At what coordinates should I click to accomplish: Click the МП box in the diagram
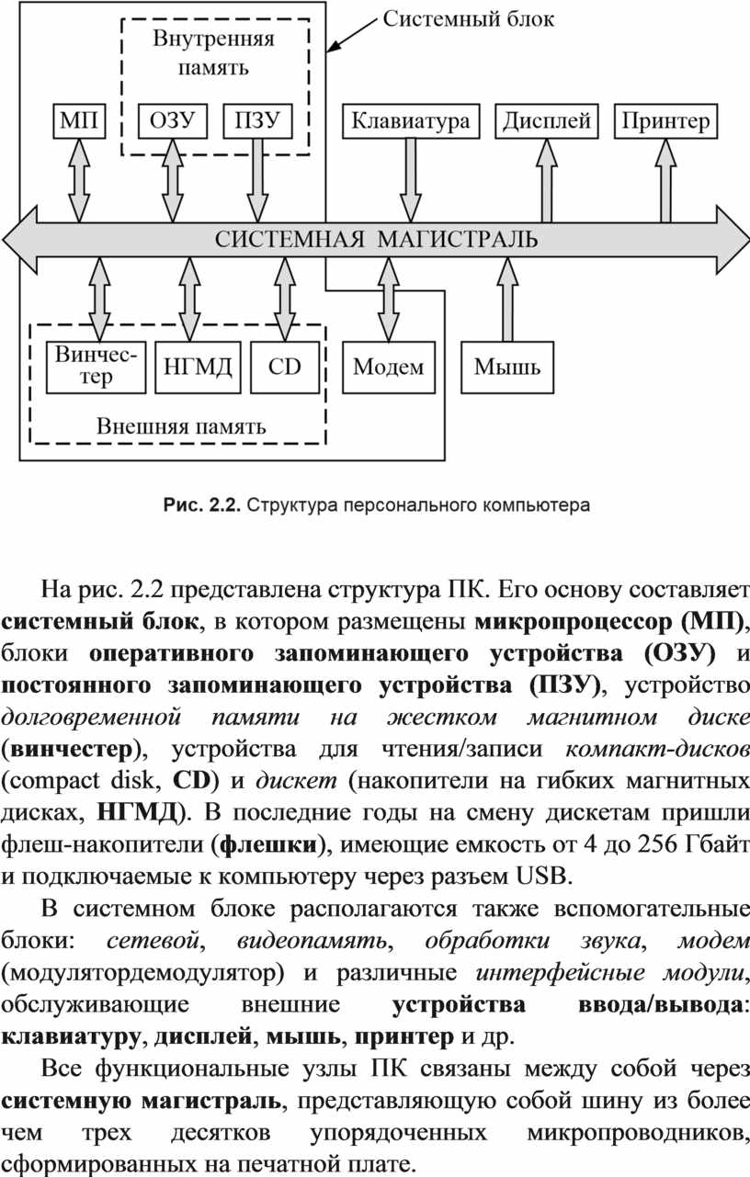[79, 121]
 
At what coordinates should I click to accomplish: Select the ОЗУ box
[173, 121]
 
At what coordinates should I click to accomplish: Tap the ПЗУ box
[257, 121]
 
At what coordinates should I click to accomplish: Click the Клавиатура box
[411, 121]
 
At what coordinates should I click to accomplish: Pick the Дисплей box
[547, 121]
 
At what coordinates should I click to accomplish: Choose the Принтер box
[666, 121]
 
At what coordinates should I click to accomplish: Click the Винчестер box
[97, 368]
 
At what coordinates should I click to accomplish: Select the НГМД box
[199, 368]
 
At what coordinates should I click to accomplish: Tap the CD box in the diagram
[285, 368]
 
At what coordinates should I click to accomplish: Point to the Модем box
[389, 368]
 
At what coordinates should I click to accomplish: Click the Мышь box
[507, 368]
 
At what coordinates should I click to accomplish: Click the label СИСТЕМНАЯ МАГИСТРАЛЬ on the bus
[376, 240]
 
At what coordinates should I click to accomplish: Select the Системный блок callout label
[468, 19]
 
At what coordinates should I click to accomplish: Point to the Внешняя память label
[181, 426]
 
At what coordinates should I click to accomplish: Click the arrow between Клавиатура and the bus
[411, 180]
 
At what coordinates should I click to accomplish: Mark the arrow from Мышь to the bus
[507, 300]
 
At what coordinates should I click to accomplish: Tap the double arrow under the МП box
[79, 180]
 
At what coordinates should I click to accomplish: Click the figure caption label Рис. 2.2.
[202, 505]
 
